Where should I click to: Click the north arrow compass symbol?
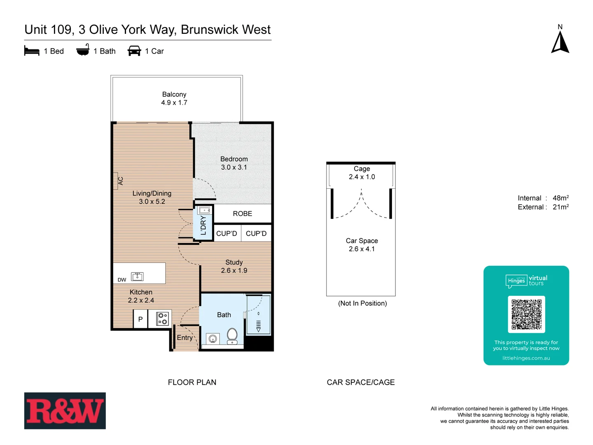click(x=560, y=42)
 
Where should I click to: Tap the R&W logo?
click(x=65, y=411)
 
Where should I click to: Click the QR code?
click(x=526, y=314)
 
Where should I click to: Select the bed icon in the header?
click(x=32, y=51)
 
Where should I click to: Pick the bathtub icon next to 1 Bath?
click(x=83, y=50)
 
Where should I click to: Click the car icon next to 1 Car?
click(x=134, y=51)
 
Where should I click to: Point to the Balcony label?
click(x=174, y=94)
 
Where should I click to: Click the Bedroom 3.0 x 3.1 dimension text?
click(x=234, y=167)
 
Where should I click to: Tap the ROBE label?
click(x=243, y=213)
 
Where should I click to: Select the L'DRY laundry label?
click(x=203, y=225)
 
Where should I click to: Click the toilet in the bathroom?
click(x=232, y=335)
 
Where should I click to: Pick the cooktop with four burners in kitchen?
click(x=163, y=319)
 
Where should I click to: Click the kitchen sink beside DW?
click(x=137, y=276)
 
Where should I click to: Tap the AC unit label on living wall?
click(x=120, y=181)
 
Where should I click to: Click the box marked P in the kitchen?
click(x=140, y=319)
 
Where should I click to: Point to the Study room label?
click(x=234, y=262)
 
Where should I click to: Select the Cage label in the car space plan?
click(x=362, y=169)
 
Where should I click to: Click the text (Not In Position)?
click(x=362, y=303)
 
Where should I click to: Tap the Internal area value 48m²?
click(x=560, y=198)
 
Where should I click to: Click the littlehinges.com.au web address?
click(x=526, y=358)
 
